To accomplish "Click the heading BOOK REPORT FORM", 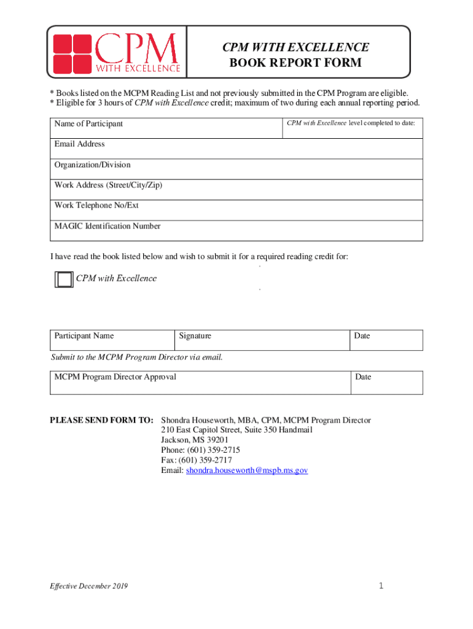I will (x=295, y=63).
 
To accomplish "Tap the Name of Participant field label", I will (x=88, y=123).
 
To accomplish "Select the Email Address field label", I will (x=79, y=144).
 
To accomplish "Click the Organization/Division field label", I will (x=92, y=165).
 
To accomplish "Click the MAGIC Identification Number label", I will (x=107, y=226).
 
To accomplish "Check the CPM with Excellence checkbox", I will (x=63, y=279).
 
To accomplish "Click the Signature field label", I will (x=195, y=336).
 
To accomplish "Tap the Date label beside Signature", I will (x=362, y=336).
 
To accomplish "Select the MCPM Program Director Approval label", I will (x=115, y=377).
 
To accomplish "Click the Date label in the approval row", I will (x=363, y=377).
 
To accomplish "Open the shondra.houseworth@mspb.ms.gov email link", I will (x=247, y=470).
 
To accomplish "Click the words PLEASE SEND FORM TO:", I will (x=101, y=420).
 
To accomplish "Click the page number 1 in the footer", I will (x=381, y=586).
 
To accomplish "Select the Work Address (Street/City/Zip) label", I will (x=108, y=185).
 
